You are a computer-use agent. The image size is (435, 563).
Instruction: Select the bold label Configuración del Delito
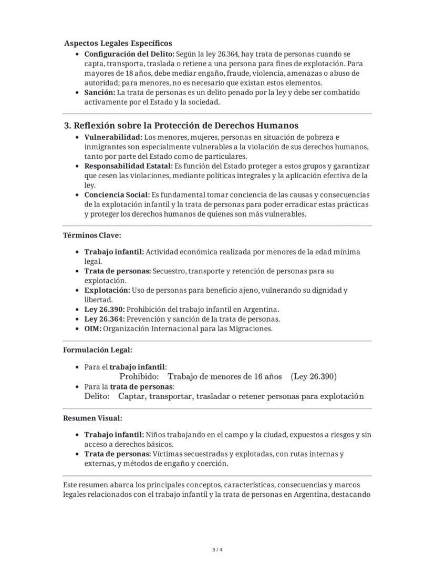pos(129,54)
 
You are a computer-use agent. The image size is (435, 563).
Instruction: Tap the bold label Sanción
pos(99,93)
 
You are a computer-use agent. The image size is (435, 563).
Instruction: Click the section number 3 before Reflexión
pos(67,126)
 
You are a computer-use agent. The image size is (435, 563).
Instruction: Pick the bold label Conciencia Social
pos(117,195)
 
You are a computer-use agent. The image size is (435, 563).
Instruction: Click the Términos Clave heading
pos(92,235)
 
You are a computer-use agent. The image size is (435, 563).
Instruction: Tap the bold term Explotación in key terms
pos(107,290)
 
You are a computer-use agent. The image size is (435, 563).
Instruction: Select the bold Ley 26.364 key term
pos(104,319)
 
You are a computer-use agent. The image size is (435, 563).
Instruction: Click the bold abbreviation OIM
pos(92,329)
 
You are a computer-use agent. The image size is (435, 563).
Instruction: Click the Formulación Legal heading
pos(98,350)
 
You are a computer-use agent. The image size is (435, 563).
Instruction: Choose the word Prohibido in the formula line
pos(139,376)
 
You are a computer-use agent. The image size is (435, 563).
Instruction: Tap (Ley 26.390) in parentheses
pos(314,376)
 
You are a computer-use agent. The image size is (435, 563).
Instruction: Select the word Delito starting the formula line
pos(97,396)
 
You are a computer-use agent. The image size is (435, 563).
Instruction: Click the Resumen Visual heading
pos(92,418)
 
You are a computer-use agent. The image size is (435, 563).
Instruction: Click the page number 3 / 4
pos(217,550)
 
